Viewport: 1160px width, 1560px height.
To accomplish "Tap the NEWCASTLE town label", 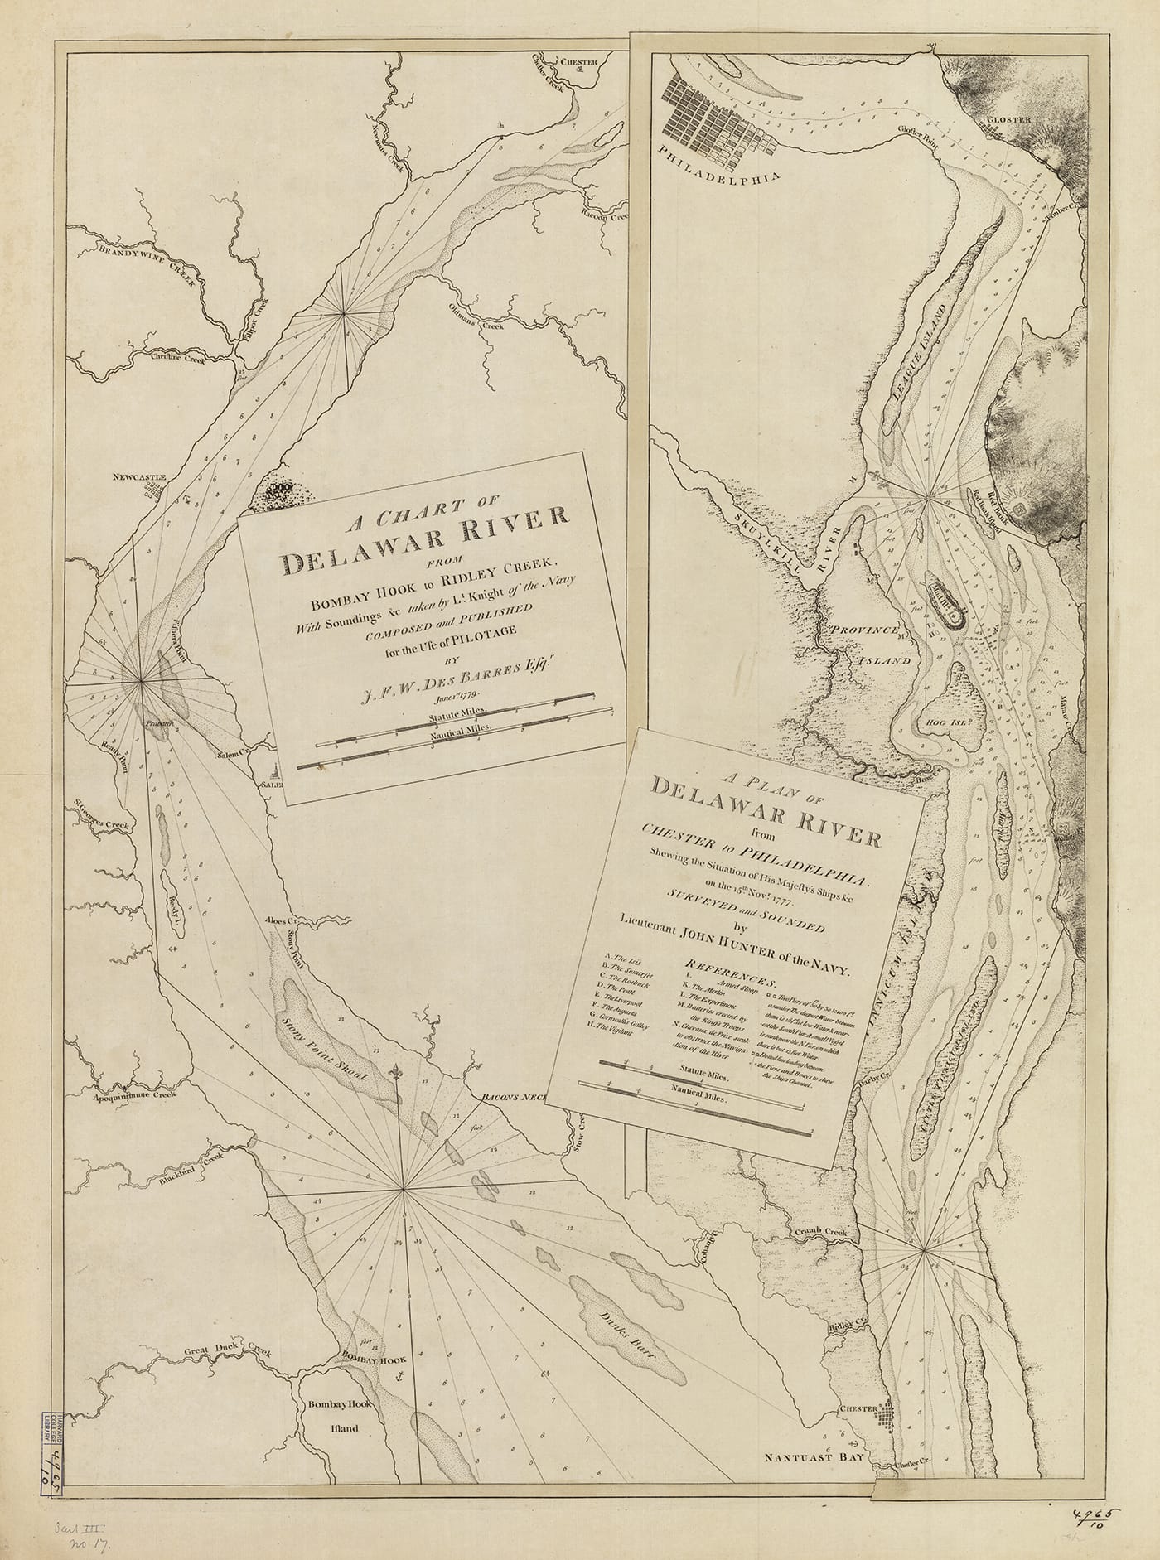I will pyautogui.click(x=141, y=478).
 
